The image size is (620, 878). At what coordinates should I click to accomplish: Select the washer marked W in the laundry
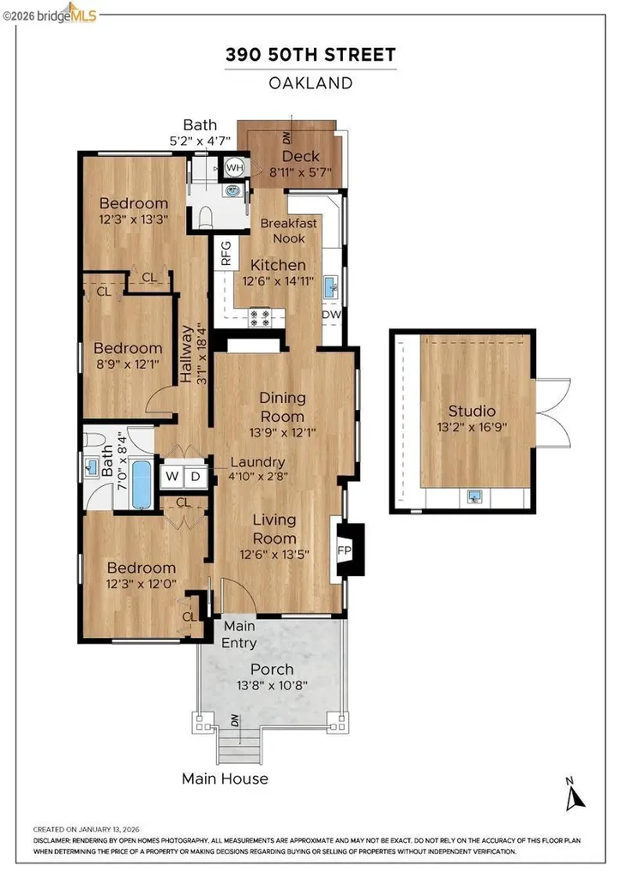tap(172, 476)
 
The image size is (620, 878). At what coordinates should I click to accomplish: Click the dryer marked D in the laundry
tap(195, 476)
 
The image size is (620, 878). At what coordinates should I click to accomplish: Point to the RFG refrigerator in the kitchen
tap(226, 254)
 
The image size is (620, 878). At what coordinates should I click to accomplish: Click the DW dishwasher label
tap(332, 315)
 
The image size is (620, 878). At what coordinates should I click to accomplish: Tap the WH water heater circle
tap(232, 167)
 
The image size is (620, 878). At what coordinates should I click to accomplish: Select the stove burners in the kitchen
tap(259, 318)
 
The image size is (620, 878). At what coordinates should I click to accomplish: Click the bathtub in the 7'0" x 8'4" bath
tap(141, 484)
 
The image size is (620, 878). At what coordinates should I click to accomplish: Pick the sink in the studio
tap(473, 496)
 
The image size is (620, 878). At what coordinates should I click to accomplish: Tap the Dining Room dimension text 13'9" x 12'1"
tap(283, 433)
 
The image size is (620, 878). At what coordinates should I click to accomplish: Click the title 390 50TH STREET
tap(310, 56)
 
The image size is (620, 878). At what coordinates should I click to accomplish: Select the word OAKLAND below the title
tap(310, 83)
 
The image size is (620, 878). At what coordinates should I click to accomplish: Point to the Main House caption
tap(225, 779)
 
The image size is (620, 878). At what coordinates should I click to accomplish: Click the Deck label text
tap(300, 156)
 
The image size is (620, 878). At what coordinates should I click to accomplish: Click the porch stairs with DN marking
tap(238, 743)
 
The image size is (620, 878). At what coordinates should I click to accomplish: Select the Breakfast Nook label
tap(289, 230)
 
